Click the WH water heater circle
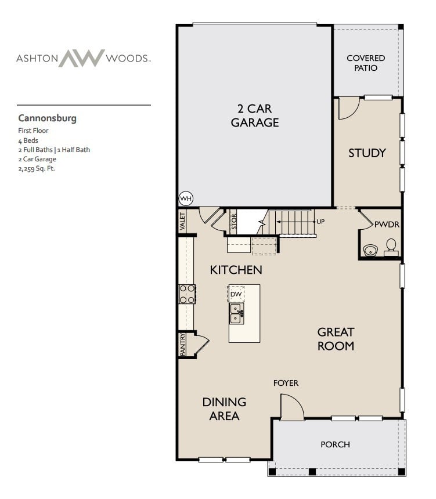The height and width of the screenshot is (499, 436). pos(186,198)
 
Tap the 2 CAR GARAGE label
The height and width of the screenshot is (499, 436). pos(255,115)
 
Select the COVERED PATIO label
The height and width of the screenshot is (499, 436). pos(366,63)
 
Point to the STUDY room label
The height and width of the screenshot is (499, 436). pos(367,153)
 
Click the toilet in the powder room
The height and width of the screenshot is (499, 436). pos(391,247)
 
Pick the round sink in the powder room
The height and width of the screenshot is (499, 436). pos(369,251)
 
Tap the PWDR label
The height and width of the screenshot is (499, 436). pos(386,224)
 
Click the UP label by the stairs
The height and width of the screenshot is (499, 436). pos(320,222)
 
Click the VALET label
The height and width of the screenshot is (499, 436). pos(183,220)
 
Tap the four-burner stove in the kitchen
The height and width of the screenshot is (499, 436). pos(187,294)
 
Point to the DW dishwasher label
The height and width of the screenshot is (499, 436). pos(236,294)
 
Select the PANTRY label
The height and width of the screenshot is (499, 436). pos(183,344)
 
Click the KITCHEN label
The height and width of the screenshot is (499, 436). pos(236,270)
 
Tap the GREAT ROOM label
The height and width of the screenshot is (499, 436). pos(336,339)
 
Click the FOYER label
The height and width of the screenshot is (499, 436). pos(286,383)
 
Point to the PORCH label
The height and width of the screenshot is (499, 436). pos(336,444)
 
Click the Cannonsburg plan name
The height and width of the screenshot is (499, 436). pos(47,118)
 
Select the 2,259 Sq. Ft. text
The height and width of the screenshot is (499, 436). pos(37,168)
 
